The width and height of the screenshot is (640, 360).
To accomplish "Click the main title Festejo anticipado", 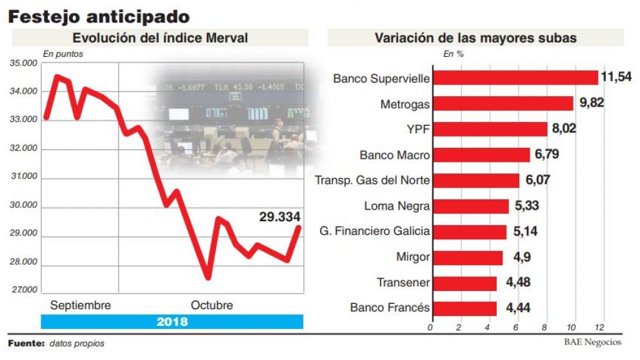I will (x=99, y=17).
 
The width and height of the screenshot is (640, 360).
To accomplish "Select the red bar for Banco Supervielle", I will (x=515, y=78).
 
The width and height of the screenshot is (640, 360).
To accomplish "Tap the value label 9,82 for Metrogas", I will (x=591, y=103).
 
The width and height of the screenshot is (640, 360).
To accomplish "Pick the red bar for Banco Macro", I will (x=481, y=155).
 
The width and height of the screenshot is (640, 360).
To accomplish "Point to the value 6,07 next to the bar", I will (x=538, y=180).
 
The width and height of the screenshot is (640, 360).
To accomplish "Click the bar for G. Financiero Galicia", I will (x=469, y=232).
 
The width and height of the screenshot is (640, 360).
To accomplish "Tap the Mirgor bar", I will (x=467, y=257).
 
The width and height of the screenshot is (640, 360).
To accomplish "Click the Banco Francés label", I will (x=390, y=308).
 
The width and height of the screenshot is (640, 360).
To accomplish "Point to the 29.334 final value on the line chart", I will (x=279, y=217).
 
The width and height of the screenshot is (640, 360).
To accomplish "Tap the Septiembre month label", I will (x=80, y=305).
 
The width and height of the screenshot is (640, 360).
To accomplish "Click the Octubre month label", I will (x=212, y=305).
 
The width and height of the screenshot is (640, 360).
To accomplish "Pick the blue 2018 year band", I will (x=172, y=321).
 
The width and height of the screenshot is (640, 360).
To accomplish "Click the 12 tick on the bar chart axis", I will (x=601, y=327).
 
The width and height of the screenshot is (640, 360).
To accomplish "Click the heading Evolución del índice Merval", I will (x=160, y=38).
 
